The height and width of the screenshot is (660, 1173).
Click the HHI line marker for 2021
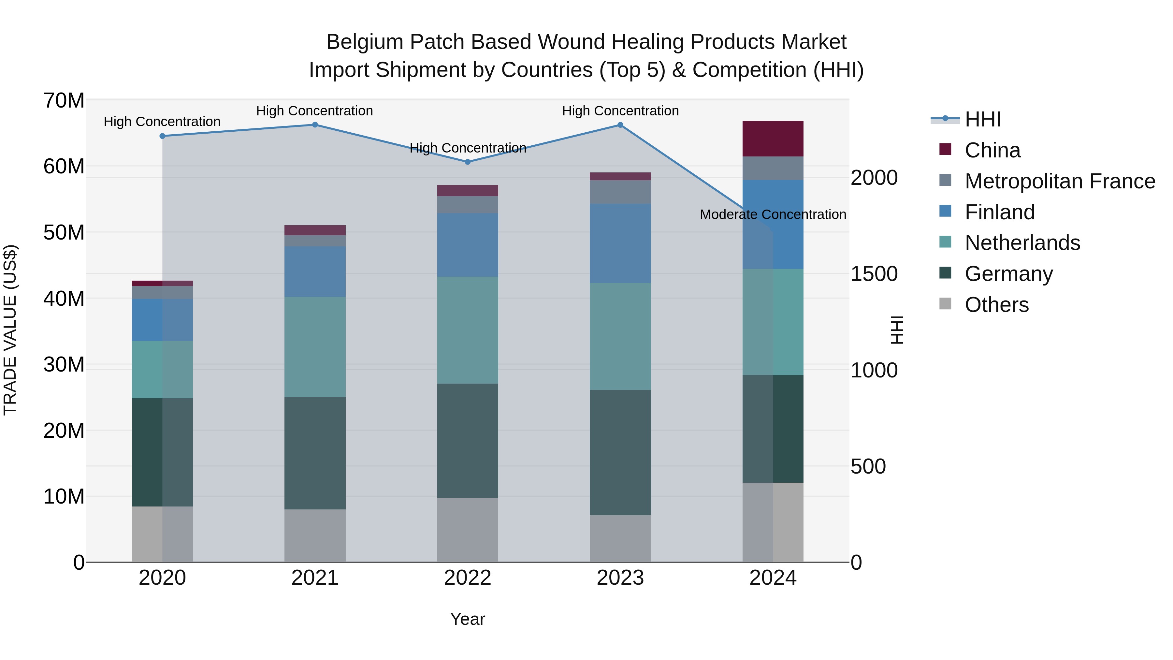click(315, 125)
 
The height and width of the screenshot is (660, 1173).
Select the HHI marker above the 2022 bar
click(468, 162)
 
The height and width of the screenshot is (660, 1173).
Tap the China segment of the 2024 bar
click(773, 139)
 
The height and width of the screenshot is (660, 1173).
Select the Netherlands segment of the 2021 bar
click(315, 347)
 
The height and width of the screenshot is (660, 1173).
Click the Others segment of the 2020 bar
click(162, 534)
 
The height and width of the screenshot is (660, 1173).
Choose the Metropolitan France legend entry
click(1060, 181)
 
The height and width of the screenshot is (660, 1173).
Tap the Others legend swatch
click(945, 304)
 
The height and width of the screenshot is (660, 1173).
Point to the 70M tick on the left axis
click(64, 101)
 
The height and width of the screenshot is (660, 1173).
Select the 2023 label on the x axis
click(620, 578)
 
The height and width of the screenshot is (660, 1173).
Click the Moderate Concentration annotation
click(773, 214)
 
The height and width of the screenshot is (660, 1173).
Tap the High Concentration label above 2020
click(162, 122)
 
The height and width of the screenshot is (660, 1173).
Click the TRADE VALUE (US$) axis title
click(10, 330)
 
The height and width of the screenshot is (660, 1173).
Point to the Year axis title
click(468, 619)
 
